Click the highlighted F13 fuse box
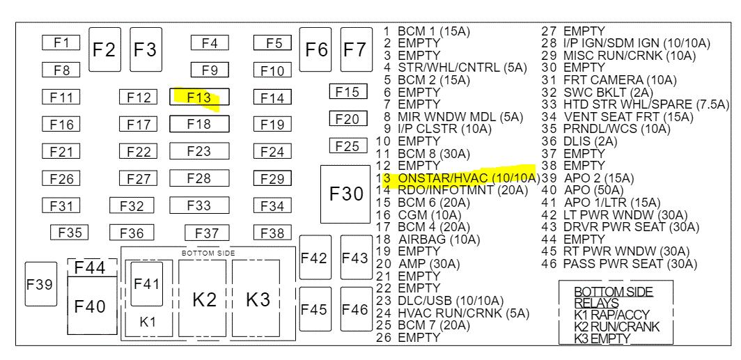[x=199, y=97]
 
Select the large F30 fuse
[x=346, y=194]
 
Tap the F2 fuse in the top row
[x=104, y=49]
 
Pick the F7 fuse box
[x=355, y=49]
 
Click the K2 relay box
[x=204, y=299]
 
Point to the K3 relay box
[x=257, y=299]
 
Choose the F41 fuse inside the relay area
[x=146, y=283]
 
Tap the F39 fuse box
[x=40, y=284]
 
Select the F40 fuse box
[x=91, y=306]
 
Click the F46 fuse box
[x=355, y=309]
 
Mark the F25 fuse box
[x=347, y=146]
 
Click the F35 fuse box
[x=69, y=233]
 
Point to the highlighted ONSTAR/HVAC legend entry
[x=459, y=178]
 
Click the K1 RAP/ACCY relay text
[x=611, y=315]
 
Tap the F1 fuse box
[x=61, y=43]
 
